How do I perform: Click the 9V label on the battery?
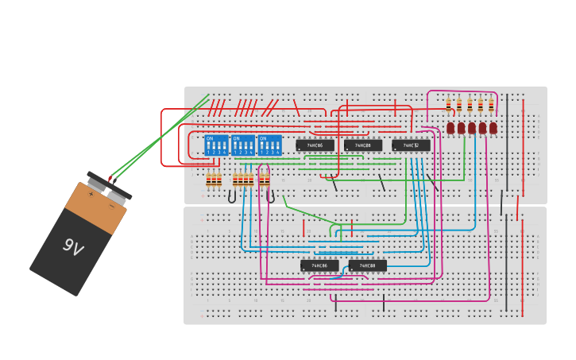tap(72, 248)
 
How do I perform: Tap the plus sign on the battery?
tap(92, 193)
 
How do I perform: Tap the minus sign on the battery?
tap(111, 204)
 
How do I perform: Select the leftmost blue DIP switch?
tap(216, 145)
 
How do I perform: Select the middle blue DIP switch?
tap(243, 145)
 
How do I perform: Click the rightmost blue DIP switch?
tap(270, 145)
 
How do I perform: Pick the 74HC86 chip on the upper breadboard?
tap(315, 145)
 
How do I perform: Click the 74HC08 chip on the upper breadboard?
tap(363, 145)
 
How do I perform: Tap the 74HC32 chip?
tap(411, 145)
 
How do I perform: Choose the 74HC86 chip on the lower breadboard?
tap(319, 265)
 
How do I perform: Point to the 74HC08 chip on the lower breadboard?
tap(367, 265)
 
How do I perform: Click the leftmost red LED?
tap(450, 127)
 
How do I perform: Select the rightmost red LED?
tap(493, 127)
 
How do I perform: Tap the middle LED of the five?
tap(472, 127)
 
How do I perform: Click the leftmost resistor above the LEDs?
tap(448, 104)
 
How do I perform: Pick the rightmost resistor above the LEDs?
tap(491, 104)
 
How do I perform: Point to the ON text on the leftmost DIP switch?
tap(210, 138)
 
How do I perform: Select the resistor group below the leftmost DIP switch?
tap(214, 180)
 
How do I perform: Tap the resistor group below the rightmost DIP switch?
tap(265, 180)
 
